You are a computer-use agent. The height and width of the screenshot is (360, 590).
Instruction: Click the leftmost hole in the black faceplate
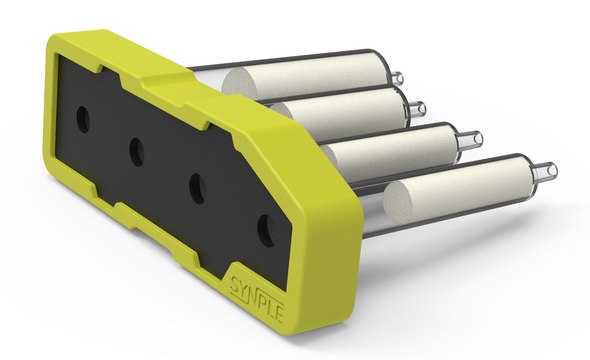(x=83, y=120)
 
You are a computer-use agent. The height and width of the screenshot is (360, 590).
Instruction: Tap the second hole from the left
(x=137, y=151)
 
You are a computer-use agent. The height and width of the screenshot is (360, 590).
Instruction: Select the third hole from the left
(x=198, y=188)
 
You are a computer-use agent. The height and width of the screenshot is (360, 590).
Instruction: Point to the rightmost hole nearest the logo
(x=266, y=230)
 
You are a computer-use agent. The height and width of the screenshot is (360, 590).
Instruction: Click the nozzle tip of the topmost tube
(x=397, y=78)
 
